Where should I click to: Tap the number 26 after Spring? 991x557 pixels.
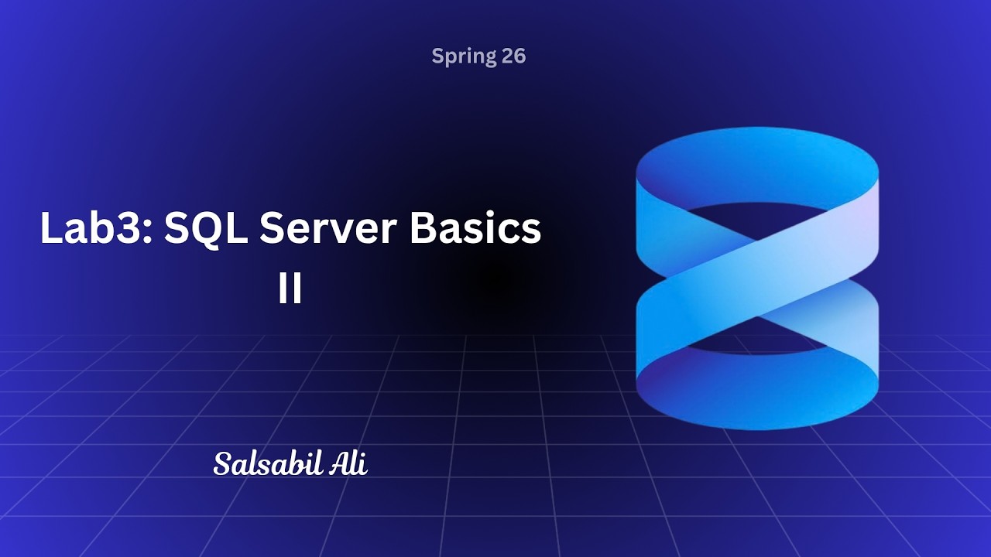[513, 56]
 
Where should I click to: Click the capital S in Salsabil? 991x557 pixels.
[223, 464]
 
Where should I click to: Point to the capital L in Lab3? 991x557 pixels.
[50, 229]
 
